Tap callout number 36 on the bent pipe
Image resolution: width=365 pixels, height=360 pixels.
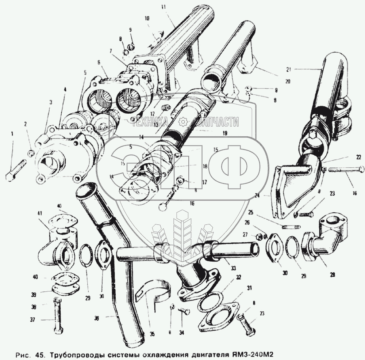(x=96, y=318)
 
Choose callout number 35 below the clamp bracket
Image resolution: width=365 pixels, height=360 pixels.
(x=152, y=333)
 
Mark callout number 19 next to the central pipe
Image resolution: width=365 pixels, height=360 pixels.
(x=225, y=133)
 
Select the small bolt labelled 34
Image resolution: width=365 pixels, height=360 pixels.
(x=183, y=311)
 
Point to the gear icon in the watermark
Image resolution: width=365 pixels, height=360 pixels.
(x=184, y=122)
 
